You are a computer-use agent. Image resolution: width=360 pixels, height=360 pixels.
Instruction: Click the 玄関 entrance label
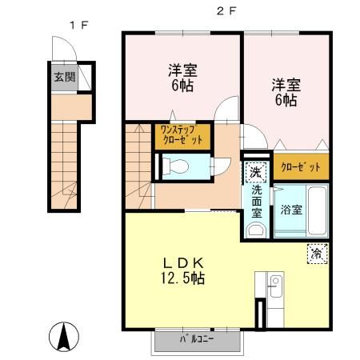tap(64, 78)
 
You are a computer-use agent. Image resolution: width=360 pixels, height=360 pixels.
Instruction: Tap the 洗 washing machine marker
tap(254, 170)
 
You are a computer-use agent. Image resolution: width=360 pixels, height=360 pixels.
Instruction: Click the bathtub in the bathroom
tap(316, 210)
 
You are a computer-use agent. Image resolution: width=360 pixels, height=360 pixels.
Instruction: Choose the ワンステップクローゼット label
tap(181, 134)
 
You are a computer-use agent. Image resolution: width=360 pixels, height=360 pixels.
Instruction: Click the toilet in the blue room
tap(178, 166)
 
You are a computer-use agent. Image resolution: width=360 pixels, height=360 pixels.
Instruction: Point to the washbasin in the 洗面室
tap(254, 230)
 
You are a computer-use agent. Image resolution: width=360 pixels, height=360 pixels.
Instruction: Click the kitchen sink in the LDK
tap(274, 284)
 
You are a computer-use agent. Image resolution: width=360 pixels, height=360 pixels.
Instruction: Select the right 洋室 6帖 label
tap(286, 91)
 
